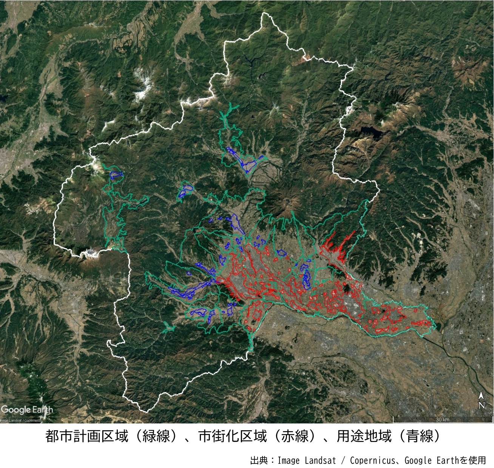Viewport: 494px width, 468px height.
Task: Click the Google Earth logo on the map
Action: (x=27, y=409)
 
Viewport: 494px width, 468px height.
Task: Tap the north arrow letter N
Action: (x=482, y=406)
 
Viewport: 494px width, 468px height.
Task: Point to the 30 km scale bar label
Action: (x=442, y=420)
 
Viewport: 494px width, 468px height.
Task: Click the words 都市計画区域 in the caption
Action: (x=87, y=437)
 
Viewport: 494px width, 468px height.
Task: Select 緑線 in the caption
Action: (x=156, y=437)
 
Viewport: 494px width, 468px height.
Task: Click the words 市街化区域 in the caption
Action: (x=233, y=437)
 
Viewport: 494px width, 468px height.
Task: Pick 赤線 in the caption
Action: (x=295, y=437)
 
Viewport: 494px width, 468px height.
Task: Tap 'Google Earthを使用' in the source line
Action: (x=445, y=460)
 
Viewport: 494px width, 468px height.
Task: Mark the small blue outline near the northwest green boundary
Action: (x=116, y=175)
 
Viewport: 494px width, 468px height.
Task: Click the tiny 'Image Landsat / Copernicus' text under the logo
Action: (x=21, y=420)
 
